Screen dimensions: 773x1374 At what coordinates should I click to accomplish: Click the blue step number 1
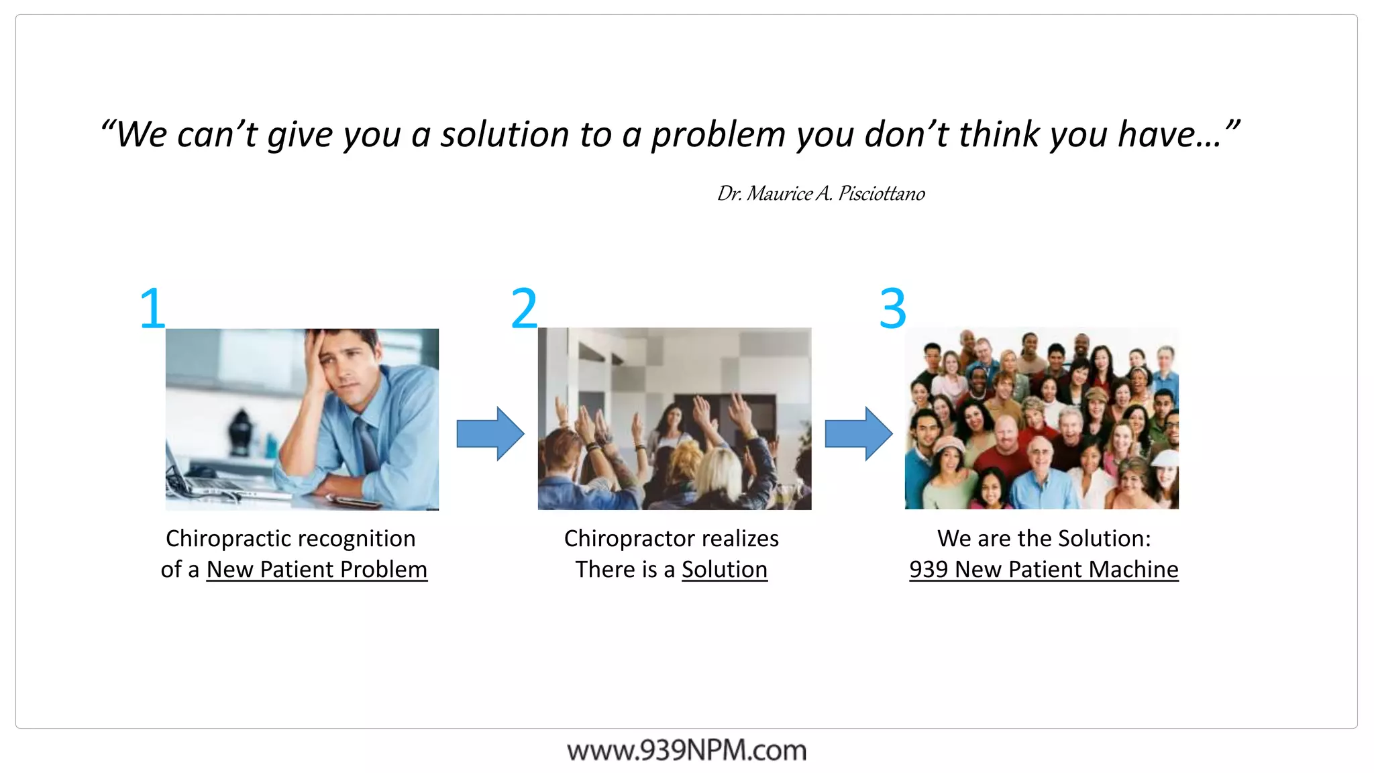point(153,308)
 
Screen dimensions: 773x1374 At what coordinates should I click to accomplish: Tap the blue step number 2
point(524,308)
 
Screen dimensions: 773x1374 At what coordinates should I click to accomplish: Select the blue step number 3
point(893,308)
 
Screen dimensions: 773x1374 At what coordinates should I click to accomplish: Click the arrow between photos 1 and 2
point(490,433)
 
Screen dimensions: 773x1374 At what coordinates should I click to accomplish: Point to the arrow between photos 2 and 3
point(859,433)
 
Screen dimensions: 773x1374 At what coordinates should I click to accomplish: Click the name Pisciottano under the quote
point(882,194)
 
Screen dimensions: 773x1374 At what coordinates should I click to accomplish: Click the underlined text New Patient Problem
point(317,570)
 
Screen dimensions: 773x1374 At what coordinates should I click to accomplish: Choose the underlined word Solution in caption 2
point(725,570)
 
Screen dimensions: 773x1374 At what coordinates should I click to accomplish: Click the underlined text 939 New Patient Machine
point(1044,570)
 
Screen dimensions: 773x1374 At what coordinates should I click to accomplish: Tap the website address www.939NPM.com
point(686,750)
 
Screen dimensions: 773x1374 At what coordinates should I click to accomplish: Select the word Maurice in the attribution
point(779,194)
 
